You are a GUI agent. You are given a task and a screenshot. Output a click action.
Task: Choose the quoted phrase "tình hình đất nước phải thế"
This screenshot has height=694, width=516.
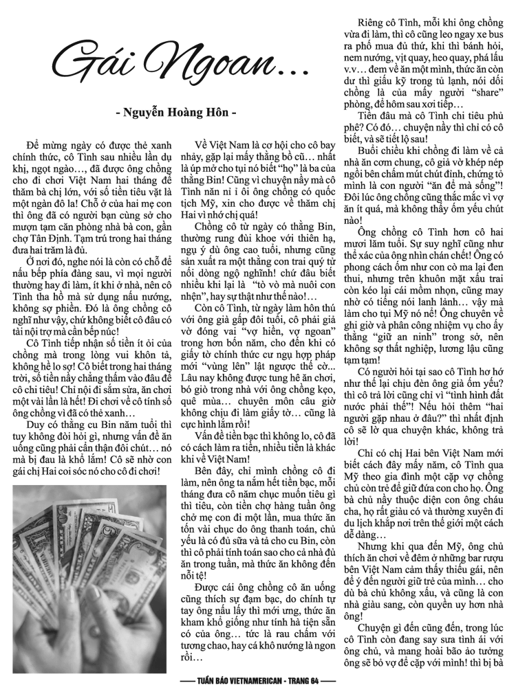pos(440,390)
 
